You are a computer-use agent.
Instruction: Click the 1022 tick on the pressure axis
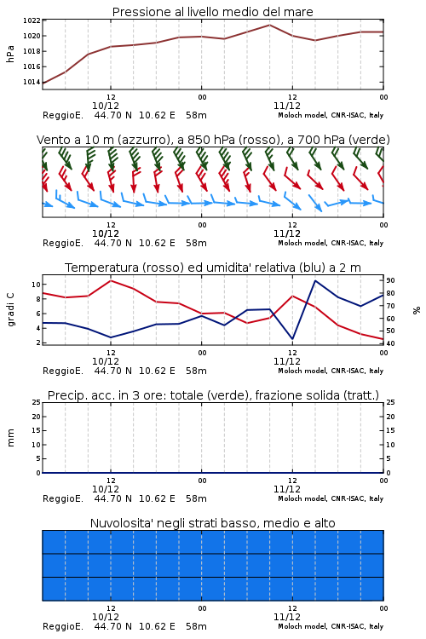pyautogui.click(x=32, y=20)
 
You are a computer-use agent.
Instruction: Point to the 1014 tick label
pyautogui.click(x=32, y=83)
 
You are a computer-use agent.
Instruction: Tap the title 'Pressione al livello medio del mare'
pyautogui.click(x=213, y=12)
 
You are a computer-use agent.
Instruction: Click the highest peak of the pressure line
pyautogui.click(x=269, y=25)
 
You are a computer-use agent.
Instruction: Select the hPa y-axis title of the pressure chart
pyautogui.click(x=10, y=54)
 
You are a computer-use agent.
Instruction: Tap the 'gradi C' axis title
pyautogui.click(x=10, y=309)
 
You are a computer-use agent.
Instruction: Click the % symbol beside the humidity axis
pyautogui.click(x=417, y=310)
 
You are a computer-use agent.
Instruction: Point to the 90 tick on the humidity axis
pyautogui.click(x=390, y=280)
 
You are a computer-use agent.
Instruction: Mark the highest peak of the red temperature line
pyautogui.click(x=111, y=280)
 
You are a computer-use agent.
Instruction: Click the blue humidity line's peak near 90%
pyautogui.click(x=315, y=280)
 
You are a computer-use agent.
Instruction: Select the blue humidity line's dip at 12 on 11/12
pyautogui.click(x=292, y=339)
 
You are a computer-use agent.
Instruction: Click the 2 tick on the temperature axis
pyautogui.click(x=38, y=343)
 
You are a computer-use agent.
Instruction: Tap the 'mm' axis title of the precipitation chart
pyautogui.click(x=10, y=438)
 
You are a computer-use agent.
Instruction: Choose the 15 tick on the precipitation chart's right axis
pyautogui.click(x=390, y=430)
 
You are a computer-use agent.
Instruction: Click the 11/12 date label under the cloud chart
pyautogui.click(x=287, y=617)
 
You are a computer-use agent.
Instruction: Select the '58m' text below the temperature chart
pyautogui.click(x=196, y=371)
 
